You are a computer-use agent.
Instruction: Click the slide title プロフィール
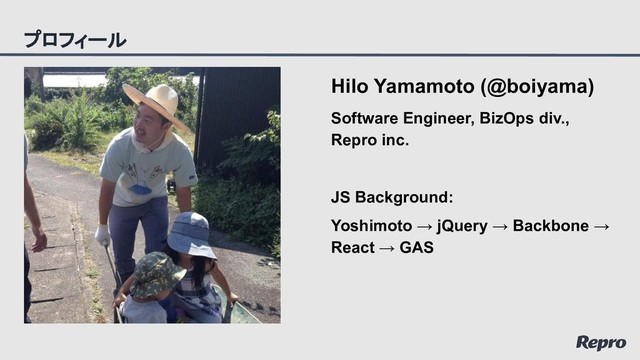tap(75, 40)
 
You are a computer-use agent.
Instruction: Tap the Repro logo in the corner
tap(601, 342)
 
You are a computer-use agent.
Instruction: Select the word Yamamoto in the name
tap(420, 88)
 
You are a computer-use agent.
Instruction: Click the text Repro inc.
tap(370, 141)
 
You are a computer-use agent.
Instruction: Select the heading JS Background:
tap(392, 197)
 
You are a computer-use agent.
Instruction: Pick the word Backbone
tap(550, 225)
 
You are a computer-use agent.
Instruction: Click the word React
tap(353, 247)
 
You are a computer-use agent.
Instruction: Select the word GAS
tap(416, 247)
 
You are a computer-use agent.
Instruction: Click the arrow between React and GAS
tap(387, 247)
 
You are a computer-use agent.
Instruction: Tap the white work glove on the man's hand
tap(102, 235)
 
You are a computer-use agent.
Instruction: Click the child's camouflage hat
tap(157, 273)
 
